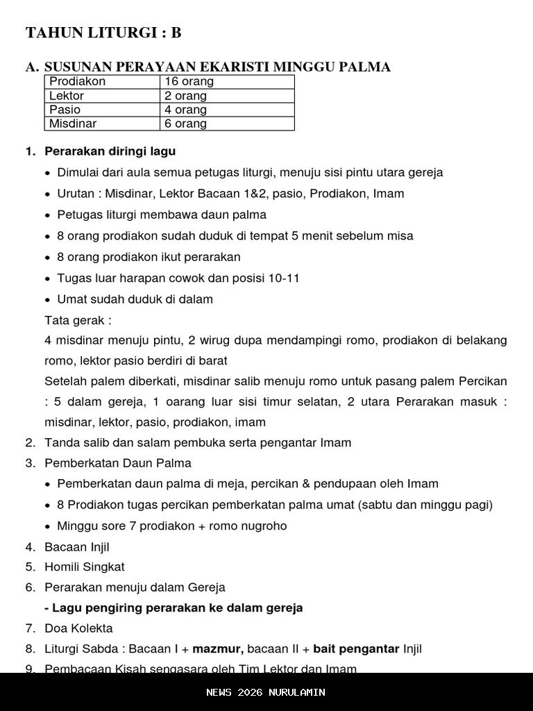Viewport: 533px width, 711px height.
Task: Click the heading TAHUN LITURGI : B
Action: tap(103, 33)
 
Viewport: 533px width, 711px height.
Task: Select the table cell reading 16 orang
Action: tap(189, 82)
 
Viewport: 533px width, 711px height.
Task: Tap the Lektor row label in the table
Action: tap(67, 96)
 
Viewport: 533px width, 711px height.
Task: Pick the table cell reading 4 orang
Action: tap(185, 110)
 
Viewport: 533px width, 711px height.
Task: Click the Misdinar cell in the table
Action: tap(73, 124)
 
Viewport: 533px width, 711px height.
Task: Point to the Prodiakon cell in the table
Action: tap(78, 82)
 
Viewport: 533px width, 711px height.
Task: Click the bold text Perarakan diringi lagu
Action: tap(110, 151)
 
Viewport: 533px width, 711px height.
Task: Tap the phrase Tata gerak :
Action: tap(78, 321)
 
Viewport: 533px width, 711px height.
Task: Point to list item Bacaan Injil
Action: tap(77, 547)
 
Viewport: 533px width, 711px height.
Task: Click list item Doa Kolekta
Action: tap(78, 628)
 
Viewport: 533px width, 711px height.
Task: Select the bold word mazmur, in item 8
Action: tap(218, 649)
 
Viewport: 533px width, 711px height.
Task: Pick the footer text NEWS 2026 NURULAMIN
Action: tap(266, 692)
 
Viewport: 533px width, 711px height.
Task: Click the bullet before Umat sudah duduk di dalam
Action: tap(47, 300)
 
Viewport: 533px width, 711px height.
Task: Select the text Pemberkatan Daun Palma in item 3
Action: tap(118, 463)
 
